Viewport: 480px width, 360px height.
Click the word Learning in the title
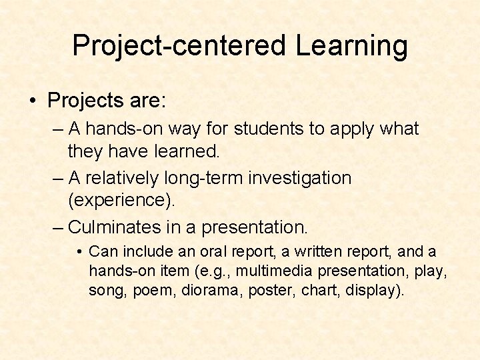coord(351,46)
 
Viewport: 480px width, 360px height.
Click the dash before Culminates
coord(59,227)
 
